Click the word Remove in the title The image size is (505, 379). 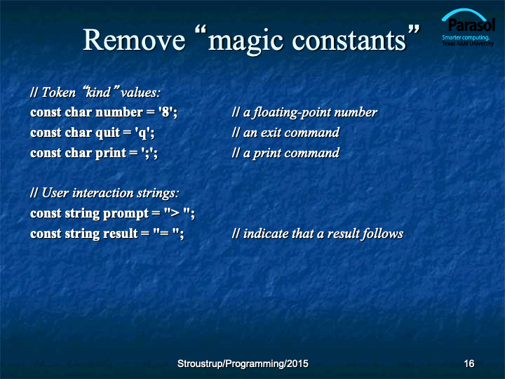(x=134, y=39)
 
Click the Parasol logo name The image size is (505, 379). (x=471, y=25)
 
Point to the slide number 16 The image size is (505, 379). (x=469, y=364)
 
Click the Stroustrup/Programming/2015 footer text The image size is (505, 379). (x=243, y=364)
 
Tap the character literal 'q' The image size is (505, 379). (x=143, y=133)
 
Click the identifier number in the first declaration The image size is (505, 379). (x=119, y=112)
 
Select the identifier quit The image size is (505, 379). (x=107, y=133)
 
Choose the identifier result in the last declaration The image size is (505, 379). (x=120, y=234)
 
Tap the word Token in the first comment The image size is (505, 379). (x=58, y=93)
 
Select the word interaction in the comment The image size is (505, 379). (x=102, y=193)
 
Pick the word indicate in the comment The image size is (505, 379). (x=262, y=233)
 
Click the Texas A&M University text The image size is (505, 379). (x=468, y=44)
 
